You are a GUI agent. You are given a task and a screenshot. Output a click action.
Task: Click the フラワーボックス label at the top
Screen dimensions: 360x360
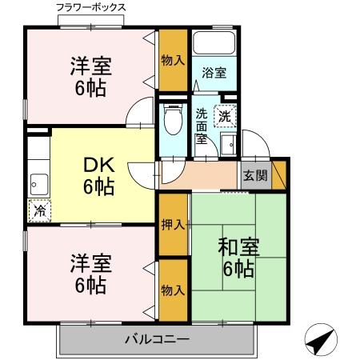tap(91, 7)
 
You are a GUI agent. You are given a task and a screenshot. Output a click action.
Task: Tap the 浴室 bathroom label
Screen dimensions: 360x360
tap(213, 72)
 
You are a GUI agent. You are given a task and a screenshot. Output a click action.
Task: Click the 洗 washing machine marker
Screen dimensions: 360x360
tap(225, 115)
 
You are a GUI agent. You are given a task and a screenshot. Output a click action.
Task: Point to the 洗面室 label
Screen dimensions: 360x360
tap(201, 126)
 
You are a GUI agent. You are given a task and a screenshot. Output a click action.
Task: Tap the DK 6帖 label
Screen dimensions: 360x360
tap(100, 177)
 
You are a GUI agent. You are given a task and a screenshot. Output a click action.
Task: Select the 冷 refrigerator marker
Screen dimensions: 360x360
tap(38, 211)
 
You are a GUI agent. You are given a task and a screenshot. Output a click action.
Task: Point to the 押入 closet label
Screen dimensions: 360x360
tap(172, 225)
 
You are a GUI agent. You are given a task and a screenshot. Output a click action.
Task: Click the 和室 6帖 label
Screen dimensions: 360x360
tap(238, 258)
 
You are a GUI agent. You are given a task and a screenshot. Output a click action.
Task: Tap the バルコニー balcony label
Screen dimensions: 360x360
tap(157, 340)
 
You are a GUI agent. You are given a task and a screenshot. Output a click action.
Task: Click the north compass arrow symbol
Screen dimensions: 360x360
tap(319, 342)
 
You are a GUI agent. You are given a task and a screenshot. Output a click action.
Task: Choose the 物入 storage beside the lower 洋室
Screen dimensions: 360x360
tap(172, 290)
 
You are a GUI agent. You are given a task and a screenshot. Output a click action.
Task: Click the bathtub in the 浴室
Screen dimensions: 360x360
tap(214, 45)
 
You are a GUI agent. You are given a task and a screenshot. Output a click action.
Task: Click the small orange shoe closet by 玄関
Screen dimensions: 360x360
tap(279, 174)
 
